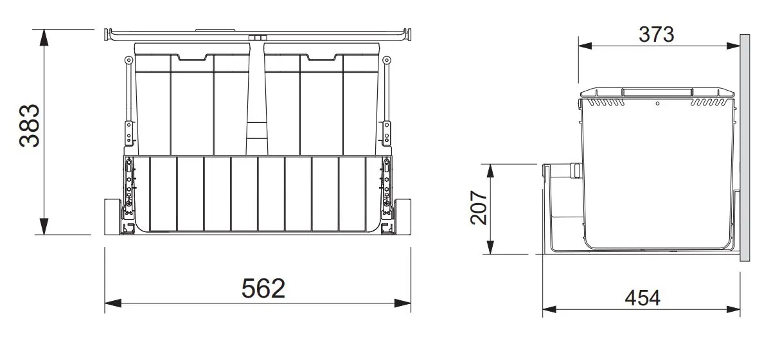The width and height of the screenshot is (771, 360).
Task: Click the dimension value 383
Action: coord(30,125)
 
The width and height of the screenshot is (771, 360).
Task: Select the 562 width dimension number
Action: coord(263,288)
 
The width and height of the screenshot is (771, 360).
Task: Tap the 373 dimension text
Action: coord(656,34)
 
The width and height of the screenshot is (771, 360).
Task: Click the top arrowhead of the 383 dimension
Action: coord(44,36)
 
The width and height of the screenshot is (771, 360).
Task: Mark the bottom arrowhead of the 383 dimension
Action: coord(44,228)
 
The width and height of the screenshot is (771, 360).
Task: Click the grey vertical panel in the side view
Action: coord(745,148)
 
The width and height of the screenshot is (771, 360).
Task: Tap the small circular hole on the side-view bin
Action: coord(657,103)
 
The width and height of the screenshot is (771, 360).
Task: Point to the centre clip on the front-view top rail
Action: coord(259,39)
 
